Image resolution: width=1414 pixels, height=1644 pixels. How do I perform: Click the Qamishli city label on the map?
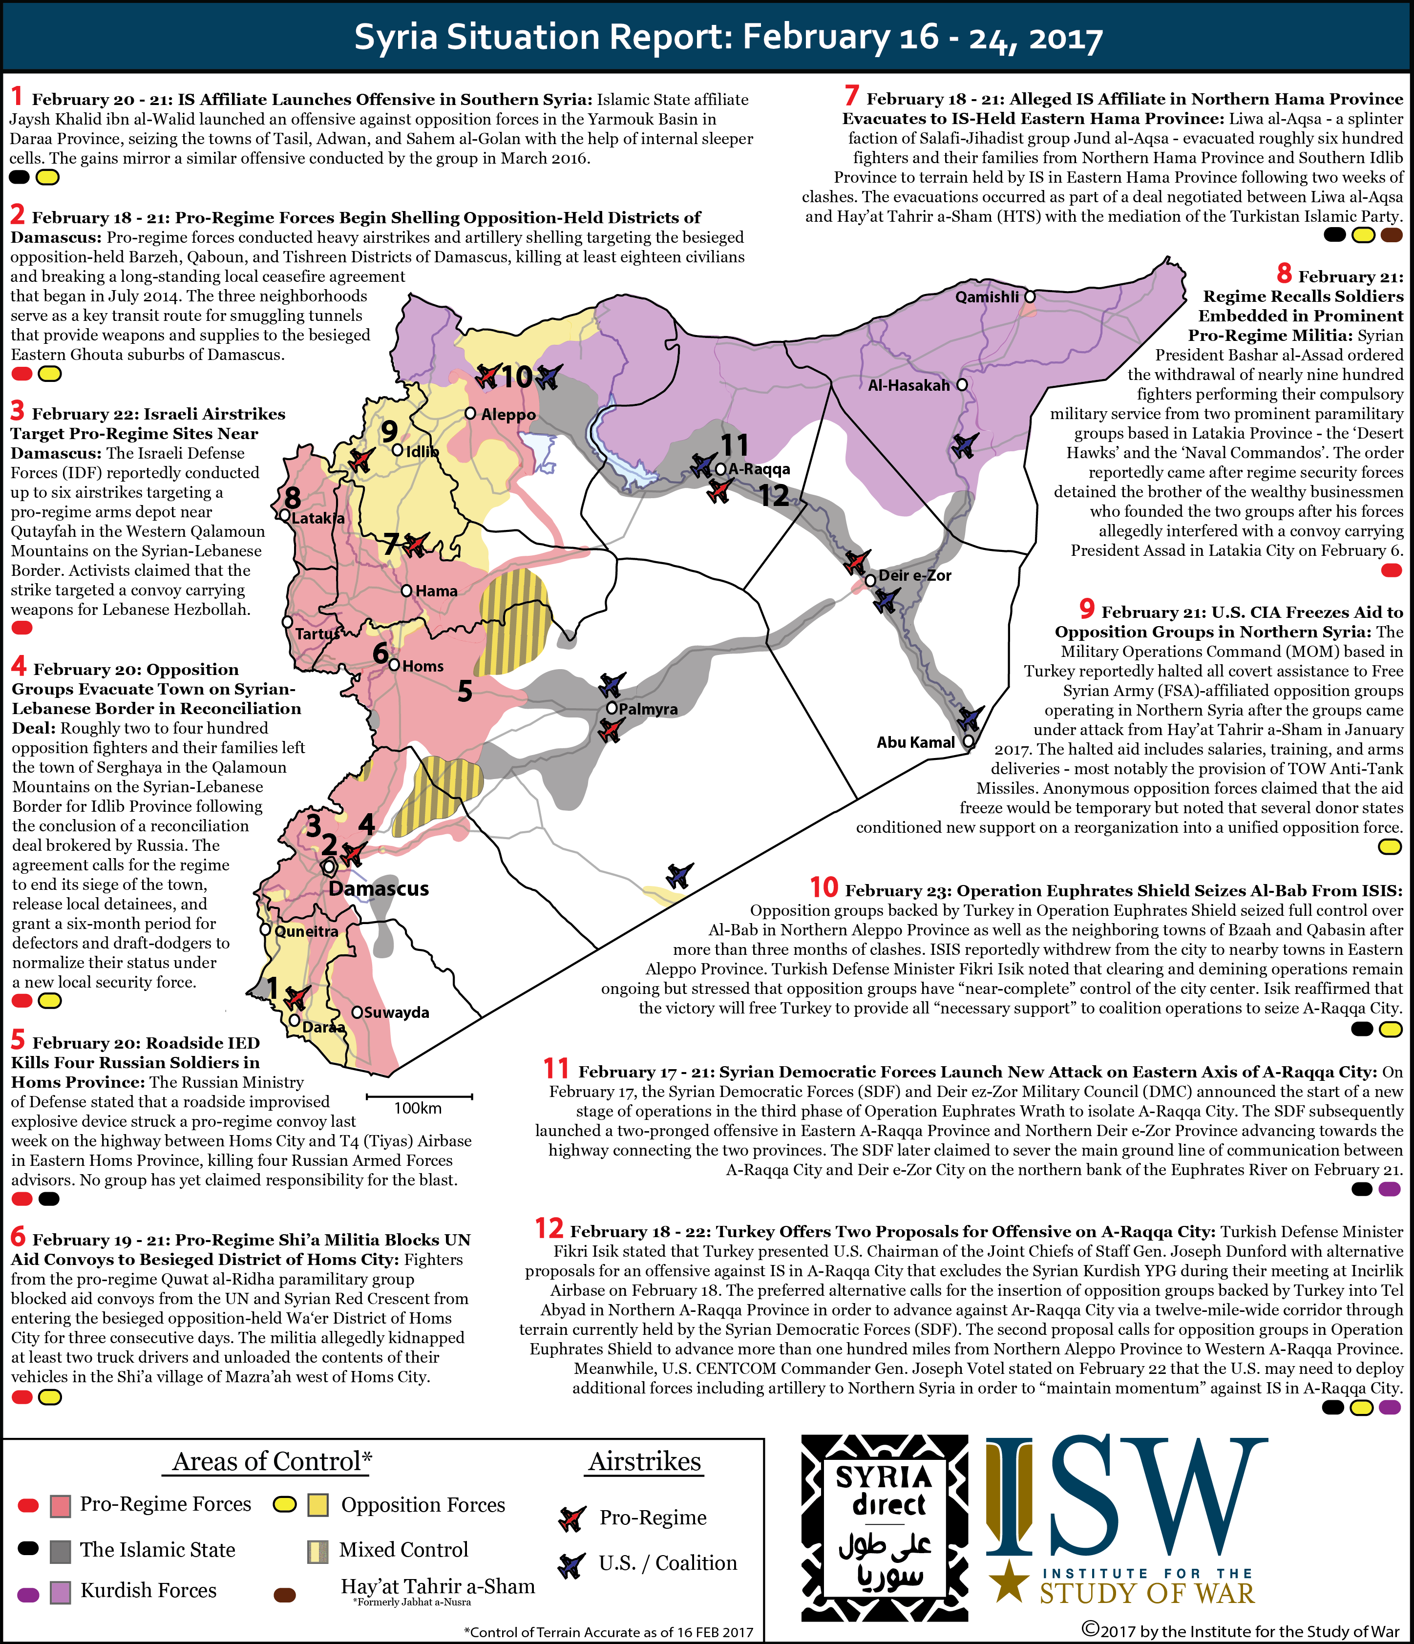tap(986, 297)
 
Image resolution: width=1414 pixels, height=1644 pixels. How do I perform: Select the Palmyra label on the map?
tap(648, 709)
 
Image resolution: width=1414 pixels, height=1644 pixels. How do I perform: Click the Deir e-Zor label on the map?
tap(915, 575)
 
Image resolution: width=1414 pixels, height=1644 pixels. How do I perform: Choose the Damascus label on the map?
tap(379, 888)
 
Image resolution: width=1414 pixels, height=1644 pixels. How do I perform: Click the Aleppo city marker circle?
tap(470, 413)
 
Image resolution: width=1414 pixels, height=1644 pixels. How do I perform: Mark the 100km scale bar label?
tap(418, 1108)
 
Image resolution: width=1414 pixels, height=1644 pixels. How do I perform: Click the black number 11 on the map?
tap(734, 445)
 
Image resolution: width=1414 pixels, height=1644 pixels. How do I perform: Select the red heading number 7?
tap(851, 96)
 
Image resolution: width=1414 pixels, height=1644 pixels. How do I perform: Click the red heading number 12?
tap(549, 1229)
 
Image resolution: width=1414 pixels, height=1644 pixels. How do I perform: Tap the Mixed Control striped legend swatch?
tap(317, 1550)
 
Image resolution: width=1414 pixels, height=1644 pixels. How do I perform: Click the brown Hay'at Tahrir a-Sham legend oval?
tap(284, 1595)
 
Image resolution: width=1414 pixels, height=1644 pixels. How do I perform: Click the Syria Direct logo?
tap(884, 1527)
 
